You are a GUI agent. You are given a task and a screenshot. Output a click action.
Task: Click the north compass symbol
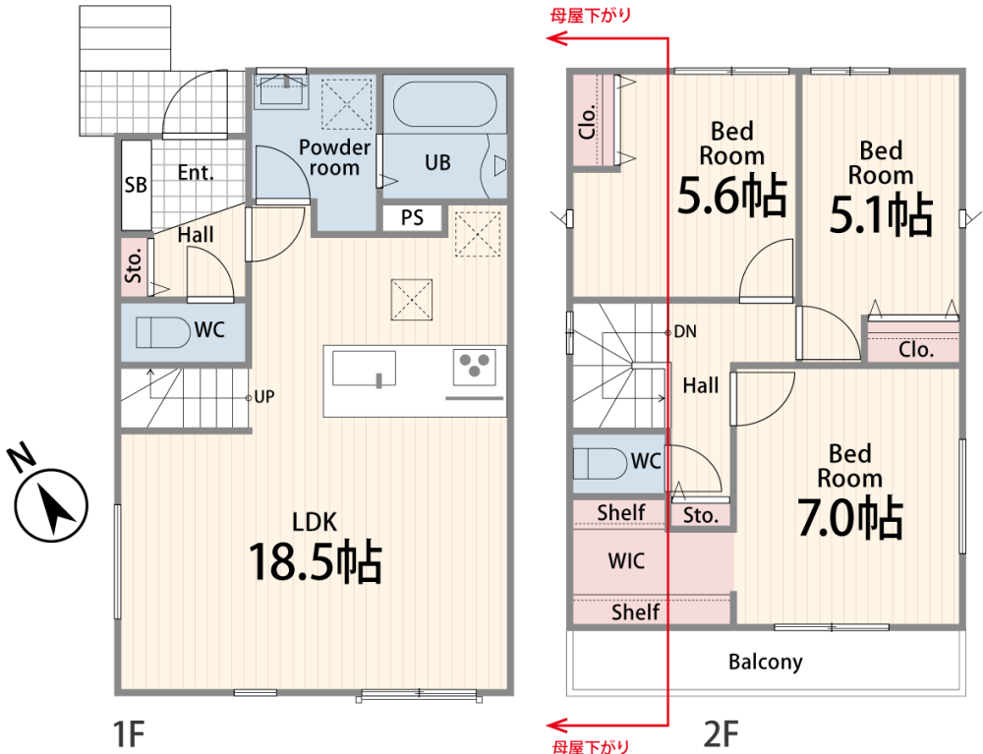tap(50, 495)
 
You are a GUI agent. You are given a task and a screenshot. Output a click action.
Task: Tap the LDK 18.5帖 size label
tap(316, 561)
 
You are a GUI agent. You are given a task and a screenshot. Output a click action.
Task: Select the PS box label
tap(412, 217)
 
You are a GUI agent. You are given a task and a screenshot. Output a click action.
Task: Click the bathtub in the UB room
tap(444, 104)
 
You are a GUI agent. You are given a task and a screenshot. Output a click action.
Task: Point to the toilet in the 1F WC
tap(163, 332)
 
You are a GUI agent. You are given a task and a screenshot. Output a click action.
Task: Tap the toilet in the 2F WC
tap(600, 464)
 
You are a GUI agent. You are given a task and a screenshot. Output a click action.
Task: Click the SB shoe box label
tap(136, 185)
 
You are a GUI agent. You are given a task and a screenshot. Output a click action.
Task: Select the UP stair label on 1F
tap(263, 397)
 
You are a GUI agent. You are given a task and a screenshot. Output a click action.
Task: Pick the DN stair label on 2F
tap(685, 331)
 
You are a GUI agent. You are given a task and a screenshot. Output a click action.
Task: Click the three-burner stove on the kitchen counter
tap(475, 366)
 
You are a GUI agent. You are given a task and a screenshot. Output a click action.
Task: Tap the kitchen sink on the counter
tap(365, 369)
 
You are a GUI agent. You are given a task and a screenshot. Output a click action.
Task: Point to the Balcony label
tap(766, 662)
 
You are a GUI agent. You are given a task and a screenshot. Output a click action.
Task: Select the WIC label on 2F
tap(626, 560)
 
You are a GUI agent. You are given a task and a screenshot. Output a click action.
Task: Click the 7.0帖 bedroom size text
tap(849, 518)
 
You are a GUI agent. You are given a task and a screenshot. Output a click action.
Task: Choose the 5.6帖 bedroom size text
tap(731, 196)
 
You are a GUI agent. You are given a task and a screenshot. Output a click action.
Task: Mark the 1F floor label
tap(129, 734)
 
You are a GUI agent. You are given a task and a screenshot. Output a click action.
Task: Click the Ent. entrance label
tap(196, 172)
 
